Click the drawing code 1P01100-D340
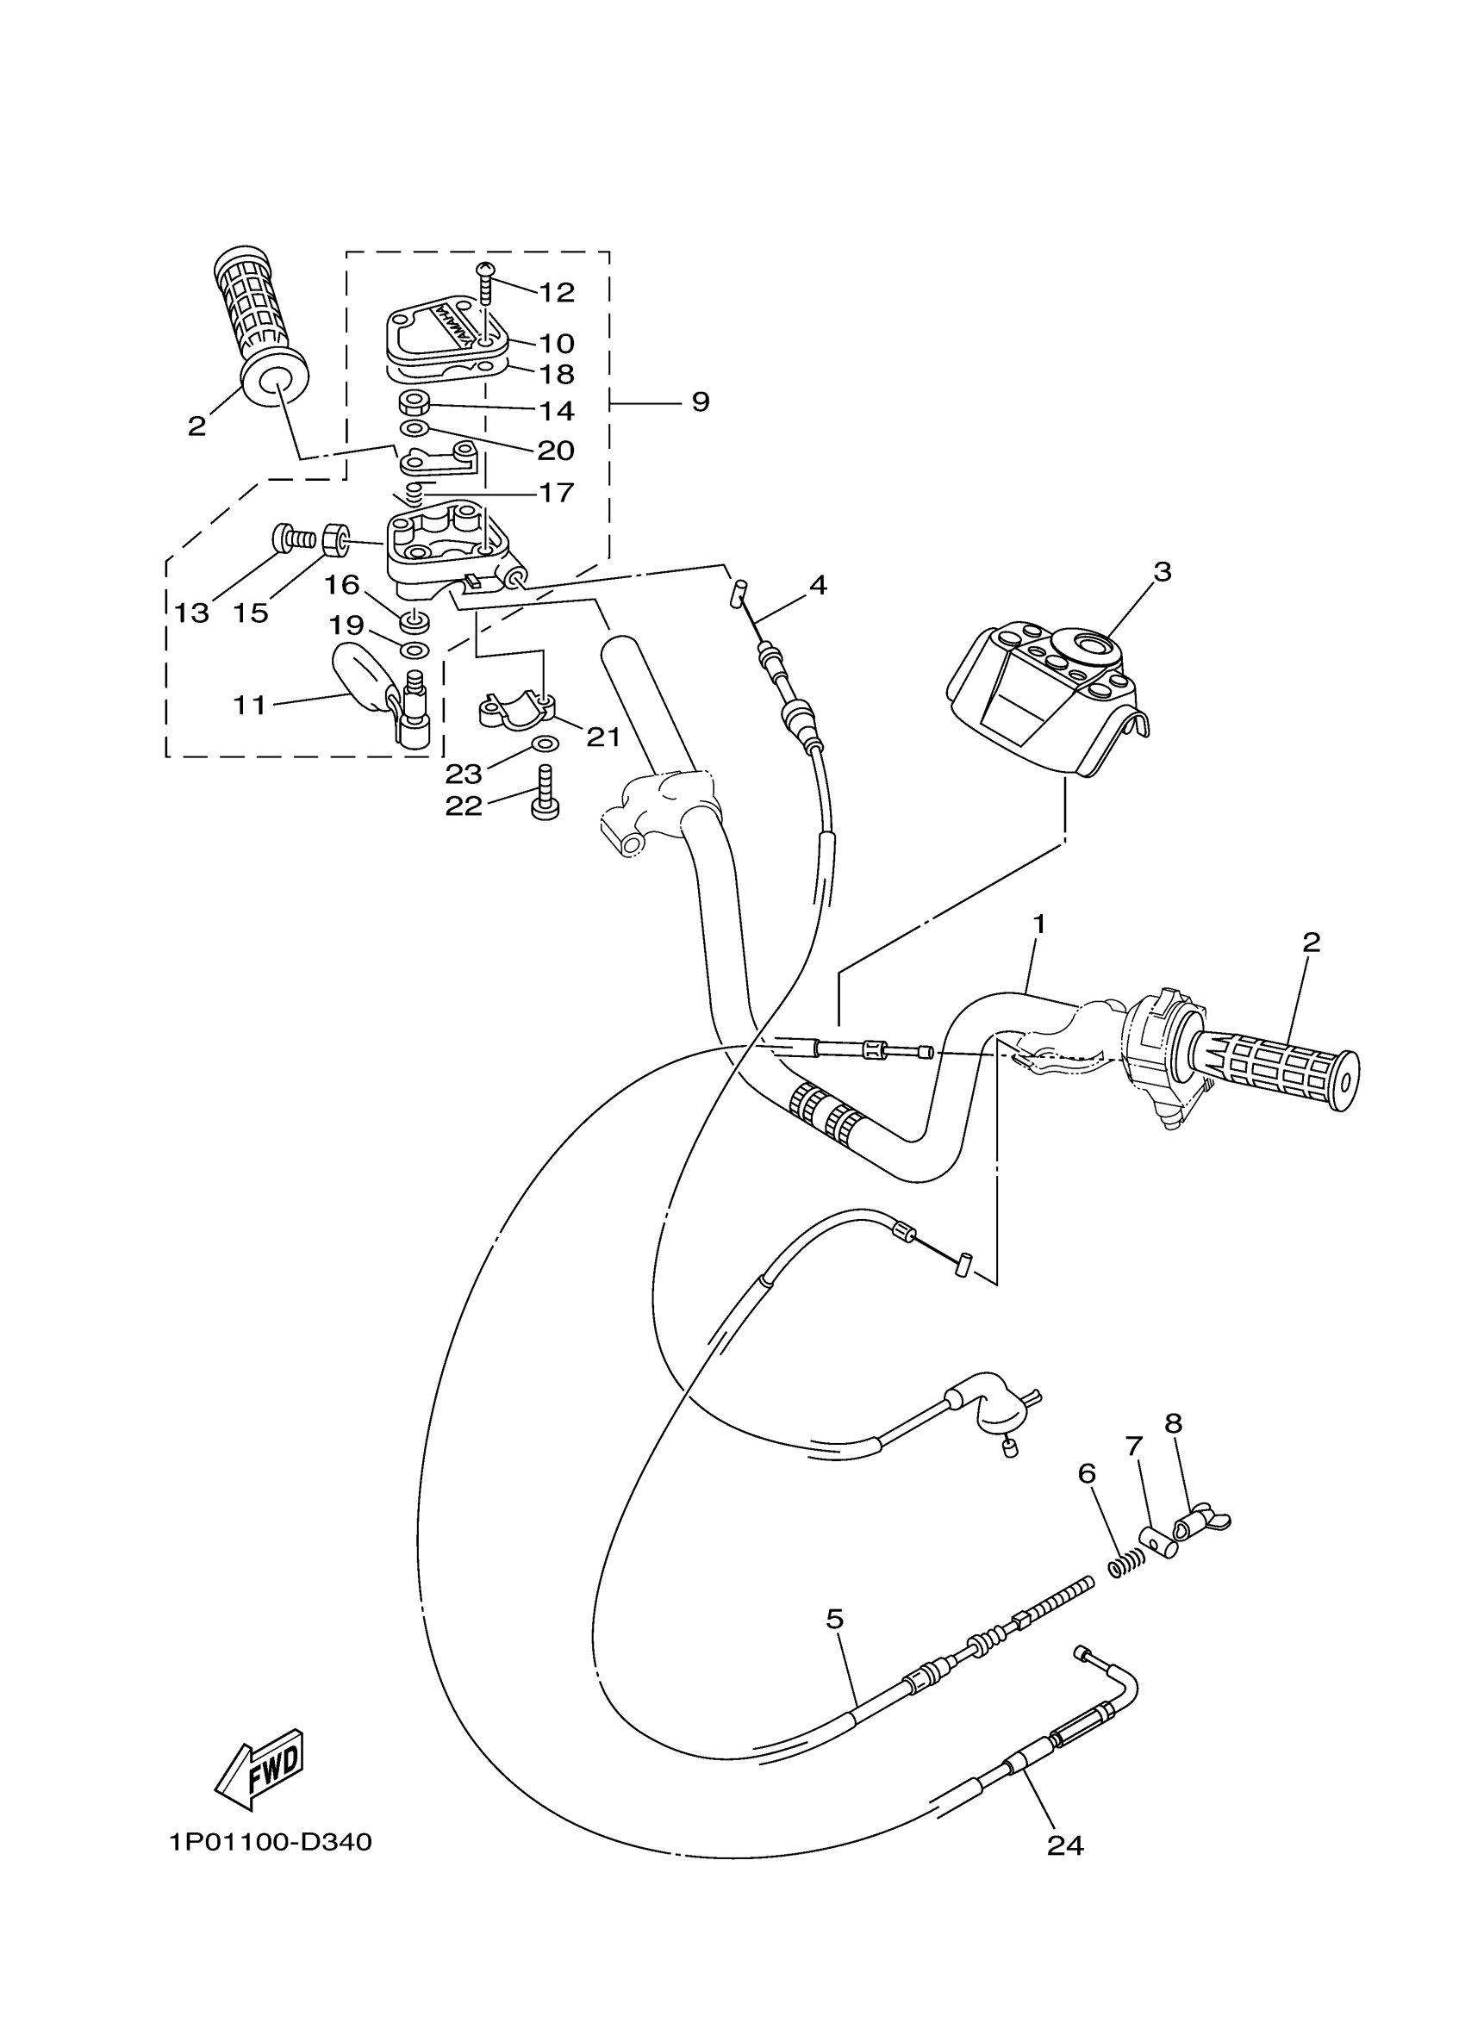[271, 1842]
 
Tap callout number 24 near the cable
[1064, 1845]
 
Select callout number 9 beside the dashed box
[701, 402]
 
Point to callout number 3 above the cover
[1161, 571]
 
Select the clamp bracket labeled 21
[515, 708]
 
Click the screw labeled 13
[291, 538]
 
